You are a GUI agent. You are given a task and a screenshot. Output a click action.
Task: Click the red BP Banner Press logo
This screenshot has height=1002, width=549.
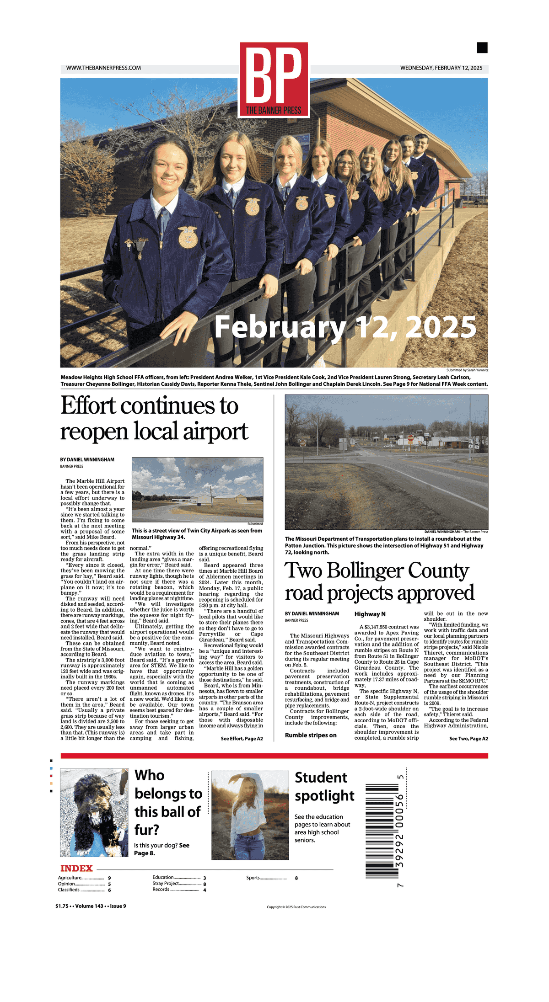point(274,80)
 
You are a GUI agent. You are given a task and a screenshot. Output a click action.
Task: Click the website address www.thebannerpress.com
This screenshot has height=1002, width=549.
point(103,68)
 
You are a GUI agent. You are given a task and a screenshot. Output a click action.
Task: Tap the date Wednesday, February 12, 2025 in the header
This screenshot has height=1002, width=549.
point(441,68)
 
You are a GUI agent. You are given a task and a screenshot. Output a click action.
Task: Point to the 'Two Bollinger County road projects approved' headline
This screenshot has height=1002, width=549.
point(379,581)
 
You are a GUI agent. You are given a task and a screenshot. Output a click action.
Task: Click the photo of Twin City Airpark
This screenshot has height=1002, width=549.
point(197,490)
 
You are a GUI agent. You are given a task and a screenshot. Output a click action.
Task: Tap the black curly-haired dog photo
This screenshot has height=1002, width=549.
point(94,812)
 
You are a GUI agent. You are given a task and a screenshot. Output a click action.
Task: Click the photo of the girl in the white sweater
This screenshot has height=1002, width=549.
point(250,815)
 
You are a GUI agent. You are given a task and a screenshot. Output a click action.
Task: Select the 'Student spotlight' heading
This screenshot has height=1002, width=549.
point(324,786)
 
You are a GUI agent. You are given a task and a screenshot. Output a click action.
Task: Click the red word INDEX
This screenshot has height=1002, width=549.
point(76,869)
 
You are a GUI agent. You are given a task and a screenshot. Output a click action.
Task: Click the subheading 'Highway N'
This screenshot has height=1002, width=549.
point(370,614)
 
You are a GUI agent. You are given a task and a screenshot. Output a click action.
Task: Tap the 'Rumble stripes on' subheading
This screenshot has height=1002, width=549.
point(311,736)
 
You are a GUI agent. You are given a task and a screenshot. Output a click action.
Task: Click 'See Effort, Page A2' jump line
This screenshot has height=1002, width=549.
point(242,739)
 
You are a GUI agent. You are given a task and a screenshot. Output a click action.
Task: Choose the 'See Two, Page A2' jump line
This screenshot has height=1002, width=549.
point(468,739)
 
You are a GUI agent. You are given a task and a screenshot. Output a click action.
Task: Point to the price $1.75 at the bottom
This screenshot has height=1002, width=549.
point(62,906)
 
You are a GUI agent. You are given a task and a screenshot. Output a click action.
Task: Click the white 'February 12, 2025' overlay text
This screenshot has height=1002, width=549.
point(345,327)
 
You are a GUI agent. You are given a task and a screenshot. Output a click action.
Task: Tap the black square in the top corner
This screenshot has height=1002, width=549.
point(482,48)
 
